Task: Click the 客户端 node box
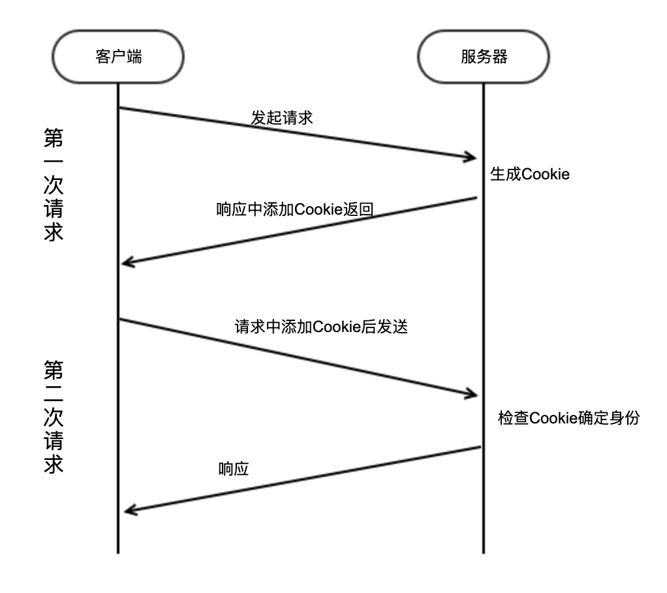pos(118,57)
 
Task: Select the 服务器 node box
pos(483,57)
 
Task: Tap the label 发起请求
pos(282,117)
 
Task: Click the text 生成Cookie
pos(530,175)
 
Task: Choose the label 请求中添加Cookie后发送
pos(320,326)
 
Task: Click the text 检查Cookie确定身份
pos(568,418)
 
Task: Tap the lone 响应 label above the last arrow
pos(234,469)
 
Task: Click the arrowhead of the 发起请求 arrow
pos(471,157)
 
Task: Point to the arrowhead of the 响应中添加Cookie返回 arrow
pos(128,263)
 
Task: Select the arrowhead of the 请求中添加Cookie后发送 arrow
pos(471,394)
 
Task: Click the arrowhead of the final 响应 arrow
pos(131,510)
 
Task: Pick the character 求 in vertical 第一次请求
pos(54,231)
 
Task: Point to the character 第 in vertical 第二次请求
pos(54,371)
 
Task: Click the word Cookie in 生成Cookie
pos(547,175)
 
